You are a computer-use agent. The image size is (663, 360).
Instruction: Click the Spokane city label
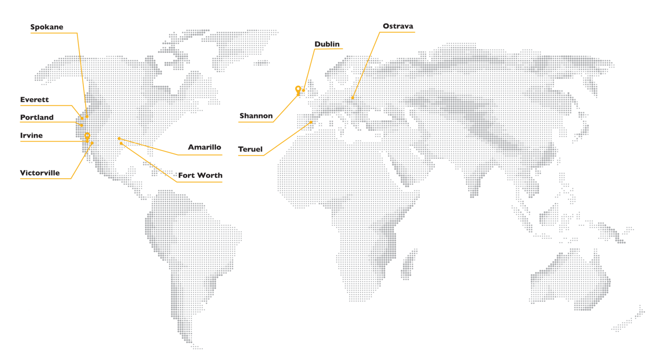[47, 27]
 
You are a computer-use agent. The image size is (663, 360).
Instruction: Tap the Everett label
[35, 100]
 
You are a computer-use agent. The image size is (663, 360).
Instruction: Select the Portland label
[37, 117]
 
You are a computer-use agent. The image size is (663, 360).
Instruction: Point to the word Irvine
[32, 136]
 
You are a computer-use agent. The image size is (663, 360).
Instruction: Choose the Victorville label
[40, 173]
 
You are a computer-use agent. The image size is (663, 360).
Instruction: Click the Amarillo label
[204, 147]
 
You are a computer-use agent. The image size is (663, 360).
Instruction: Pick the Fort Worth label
[200, 175]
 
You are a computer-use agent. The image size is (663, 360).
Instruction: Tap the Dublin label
[327, 44]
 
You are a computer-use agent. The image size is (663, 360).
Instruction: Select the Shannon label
[256, 116]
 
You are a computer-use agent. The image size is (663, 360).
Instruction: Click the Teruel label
[250, 149]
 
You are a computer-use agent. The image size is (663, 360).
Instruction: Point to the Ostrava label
[398, 26]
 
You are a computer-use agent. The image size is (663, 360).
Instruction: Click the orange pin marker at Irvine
[87, 136]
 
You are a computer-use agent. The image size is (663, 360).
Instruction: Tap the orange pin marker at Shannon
[298, 89]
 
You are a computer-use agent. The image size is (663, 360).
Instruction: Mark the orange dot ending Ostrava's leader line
[352, 98]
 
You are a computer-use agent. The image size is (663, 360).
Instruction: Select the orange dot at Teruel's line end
[311, 122]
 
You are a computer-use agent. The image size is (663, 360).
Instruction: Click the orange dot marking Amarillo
[119, 139]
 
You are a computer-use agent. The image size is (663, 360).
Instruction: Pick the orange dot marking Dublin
[304, 90]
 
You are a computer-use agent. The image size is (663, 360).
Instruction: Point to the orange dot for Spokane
[87, 116]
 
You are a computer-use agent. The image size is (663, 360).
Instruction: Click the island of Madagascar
[408, 263]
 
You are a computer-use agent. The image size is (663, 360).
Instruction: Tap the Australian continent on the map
[570, 281]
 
